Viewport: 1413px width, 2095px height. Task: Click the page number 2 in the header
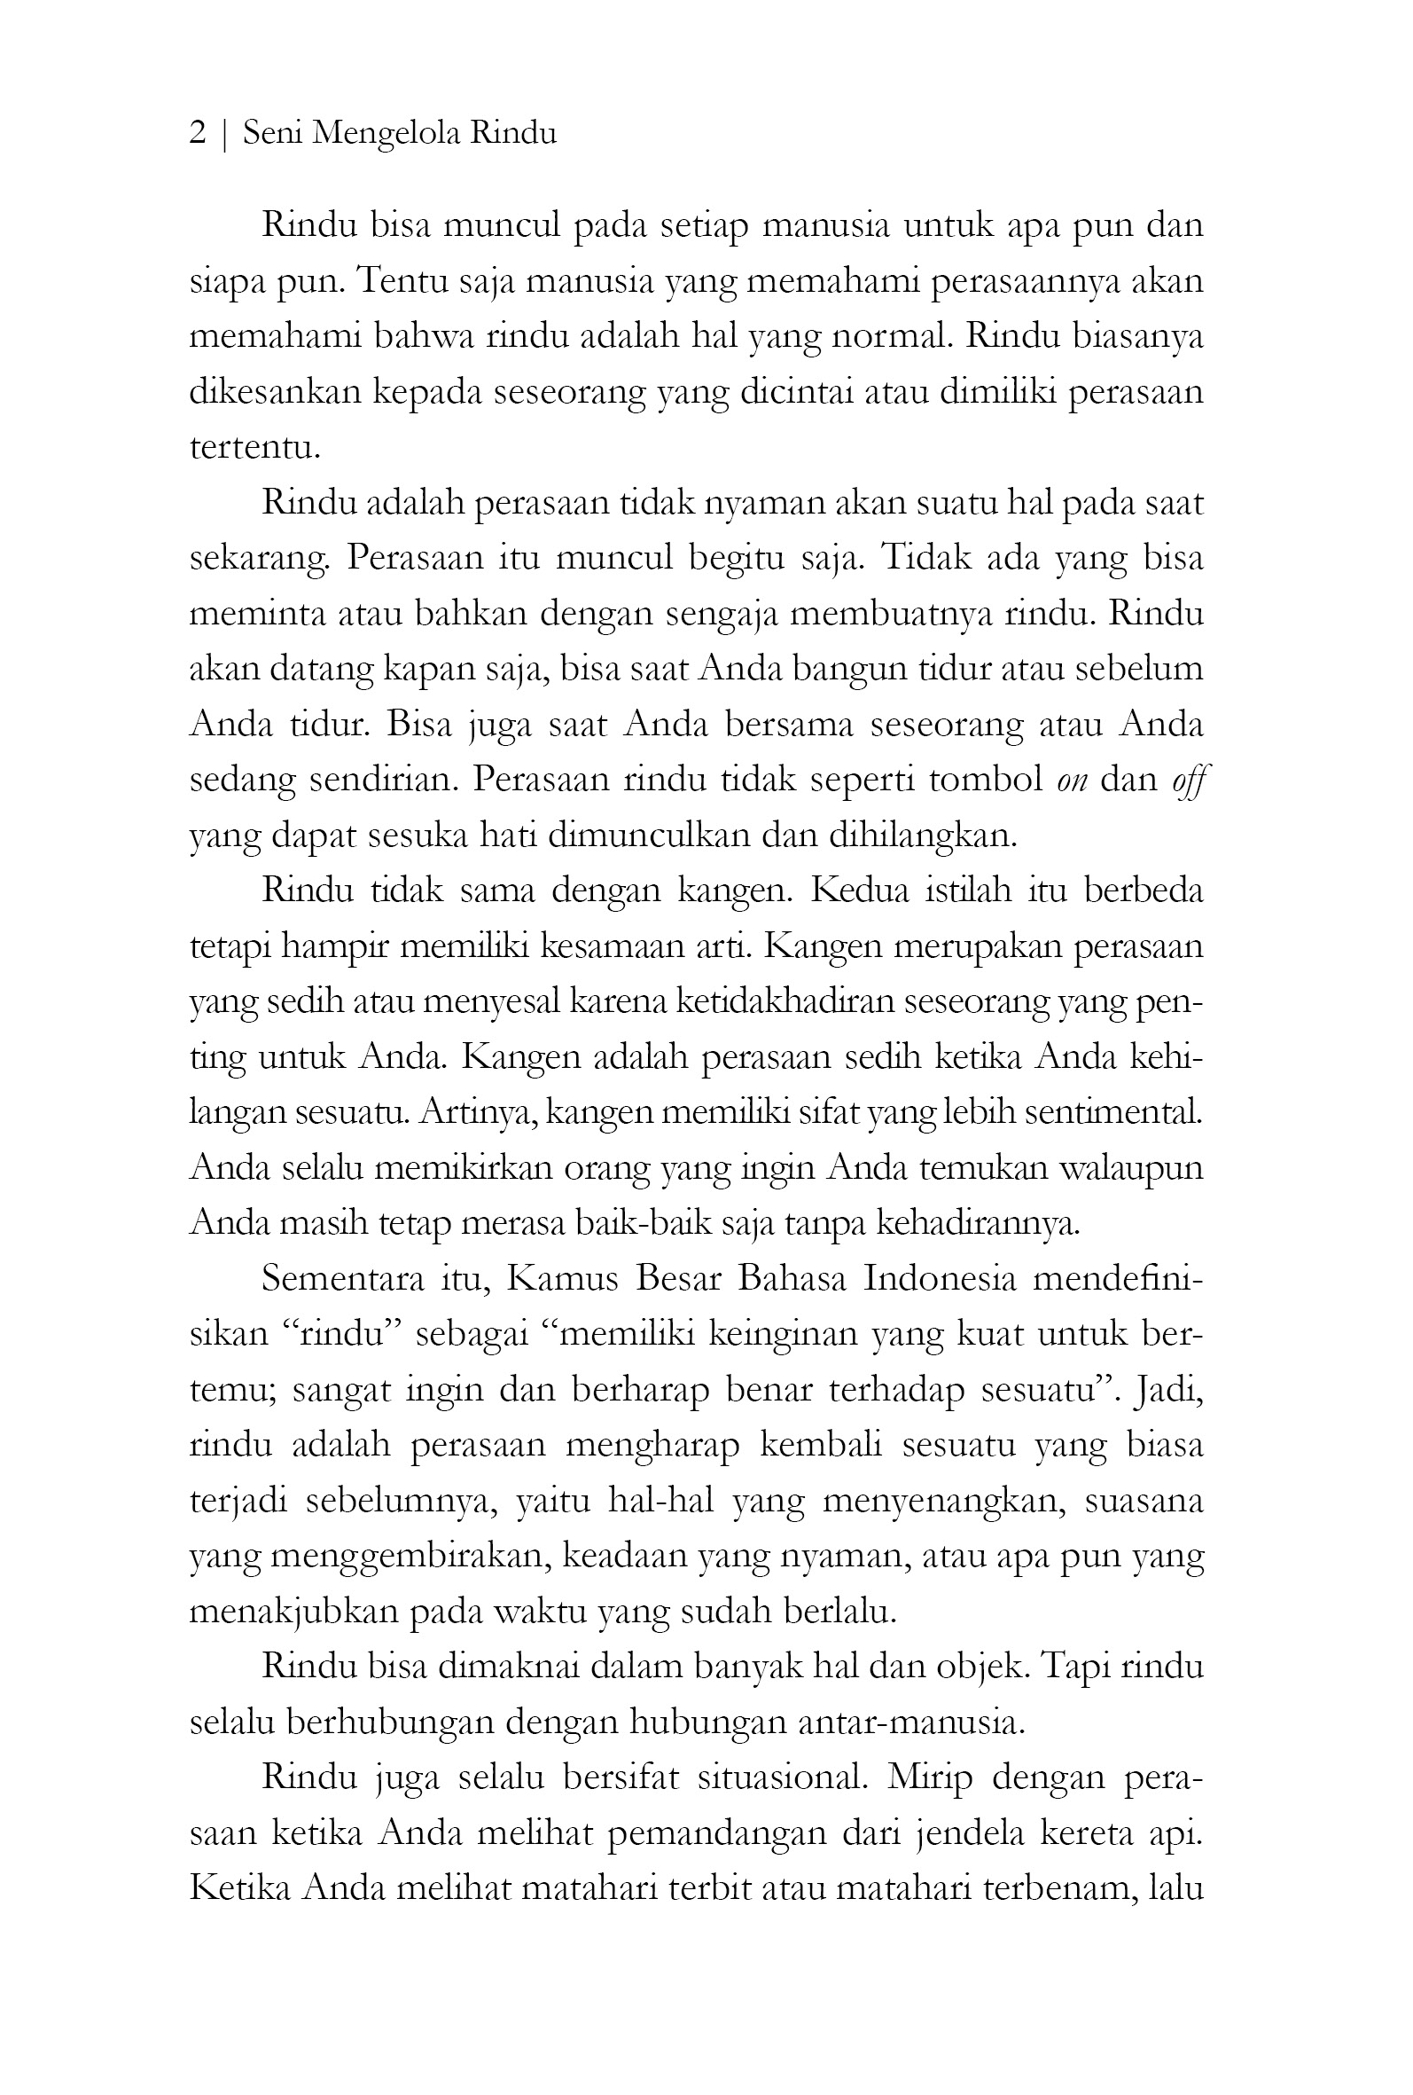coord(198,133)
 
